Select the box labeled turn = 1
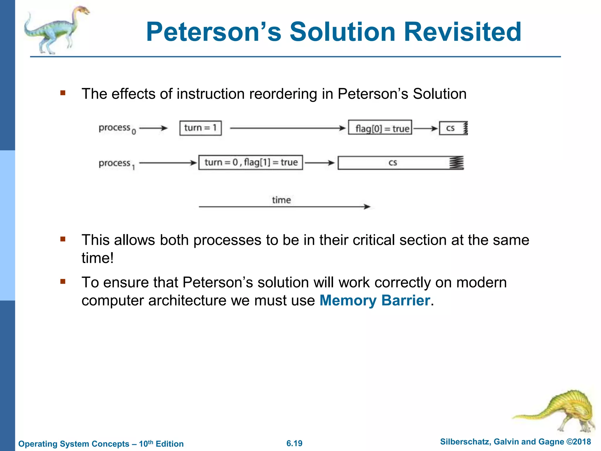(x=200, y=128)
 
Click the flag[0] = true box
(x=380, y=128)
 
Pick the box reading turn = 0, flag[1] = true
(x=251, y=162)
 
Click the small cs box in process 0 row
(x=452, y=128)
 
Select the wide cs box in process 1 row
(x=400, y=163)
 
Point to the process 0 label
(x=117, y=128)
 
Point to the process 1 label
(x=117, y=164)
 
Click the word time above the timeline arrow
(x=281, y=200)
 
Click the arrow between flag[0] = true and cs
(x=425, y=128)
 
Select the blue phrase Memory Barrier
(x=374, y=300)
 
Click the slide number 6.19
(x=294, y=443)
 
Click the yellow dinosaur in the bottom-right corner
(x=563, y=411)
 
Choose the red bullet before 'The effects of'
(x=63, y=93)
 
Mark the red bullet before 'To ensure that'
(x=63, y=282)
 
